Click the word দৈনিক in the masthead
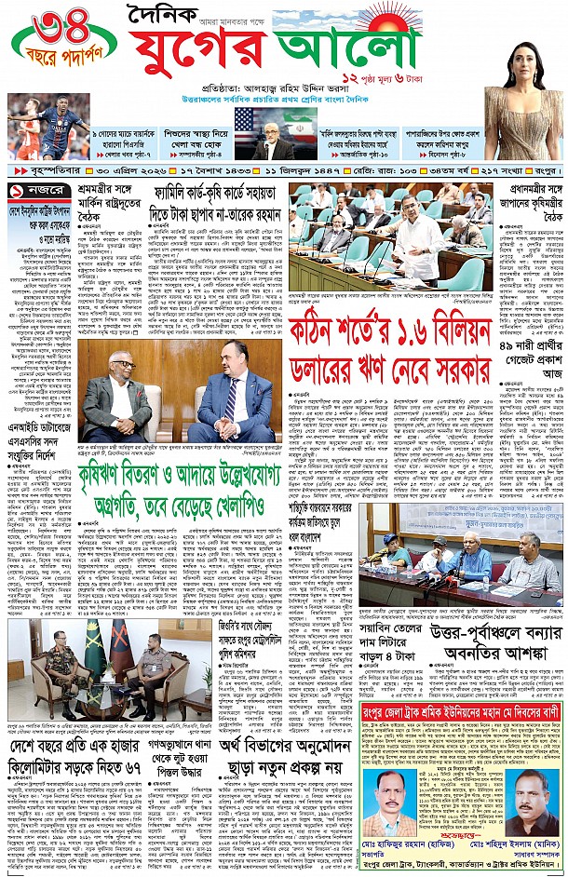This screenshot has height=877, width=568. pyautogui.click(x=175, y=17)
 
